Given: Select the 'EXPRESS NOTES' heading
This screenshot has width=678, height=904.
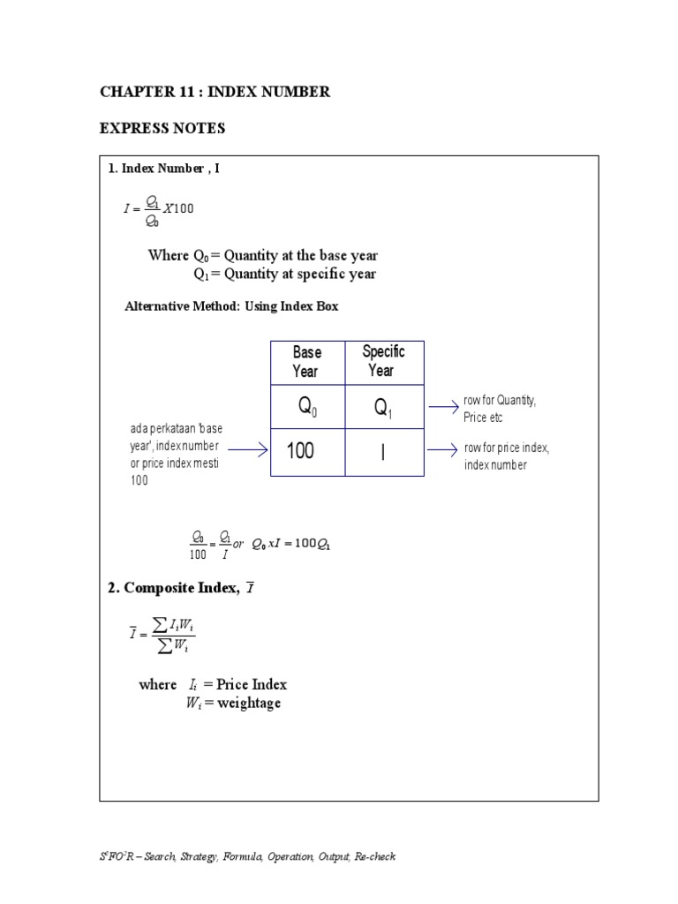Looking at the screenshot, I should (x=162, y=129).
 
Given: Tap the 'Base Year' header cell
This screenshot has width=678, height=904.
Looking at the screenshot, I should (x=307, y=362).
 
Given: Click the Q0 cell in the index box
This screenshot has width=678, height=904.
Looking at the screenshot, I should (x=307, y=407).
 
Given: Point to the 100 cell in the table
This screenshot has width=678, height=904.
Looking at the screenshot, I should (x=300, y=452).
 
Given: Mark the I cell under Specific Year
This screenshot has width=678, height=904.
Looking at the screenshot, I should (x=383, y=452).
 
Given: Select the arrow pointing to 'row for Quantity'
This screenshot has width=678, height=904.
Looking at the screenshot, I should (x=442, y=407).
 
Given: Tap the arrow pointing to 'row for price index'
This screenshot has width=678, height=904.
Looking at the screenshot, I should (x=442, y=448).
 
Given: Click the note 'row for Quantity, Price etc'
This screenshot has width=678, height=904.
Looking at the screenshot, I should (x=500, y=409).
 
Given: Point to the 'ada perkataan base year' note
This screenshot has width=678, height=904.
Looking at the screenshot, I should (x=176, y=455).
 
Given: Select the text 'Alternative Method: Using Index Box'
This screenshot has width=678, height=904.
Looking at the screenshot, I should (x=231, y=306).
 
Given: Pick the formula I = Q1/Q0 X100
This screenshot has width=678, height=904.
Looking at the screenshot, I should (x=158, y=209).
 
